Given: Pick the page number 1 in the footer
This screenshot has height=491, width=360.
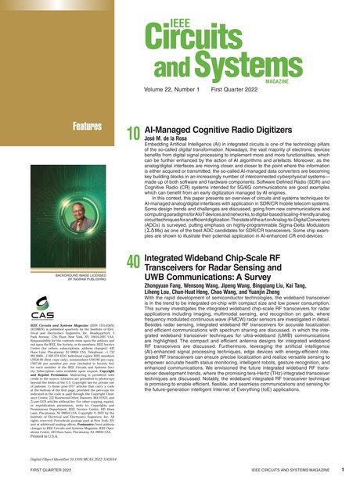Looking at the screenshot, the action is click(x=343, y=471).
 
